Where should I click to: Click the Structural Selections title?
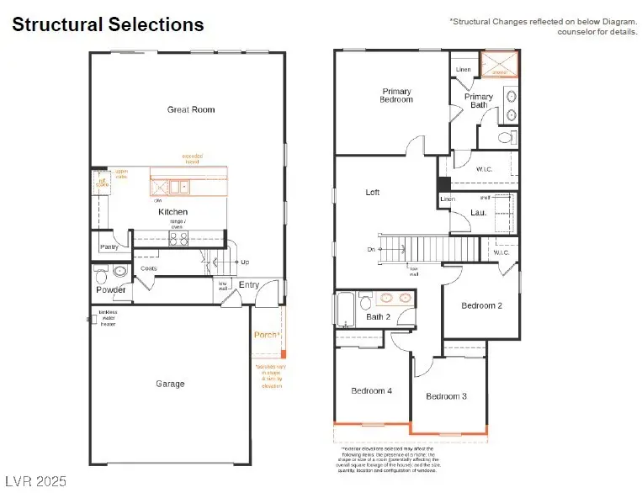[x=108, y=24]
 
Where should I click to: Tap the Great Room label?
[x=191, y=109]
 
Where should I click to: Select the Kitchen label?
[x=173, y=212]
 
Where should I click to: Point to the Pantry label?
[x=109, y=247]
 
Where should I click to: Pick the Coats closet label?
[x=149, y=268]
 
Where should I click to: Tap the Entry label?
[x=249, y=285]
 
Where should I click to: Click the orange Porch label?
[x=267, y=335]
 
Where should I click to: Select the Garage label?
[x=170, y=384]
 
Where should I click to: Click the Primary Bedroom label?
[x=396, y=95]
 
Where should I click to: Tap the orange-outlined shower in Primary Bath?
[x=500, y=65]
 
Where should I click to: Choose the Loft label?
[x=373, y=193]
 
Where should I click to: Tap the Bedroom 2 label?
[x=481, y=305]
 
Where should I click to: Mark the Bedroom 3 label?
[x=446, y=396]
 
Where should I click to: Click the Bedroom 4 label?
[x=371, y=390]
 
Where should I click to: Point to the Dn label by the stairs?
[x=371, y=249]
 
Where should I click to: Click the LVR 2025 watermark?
[x=34, y=481]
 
